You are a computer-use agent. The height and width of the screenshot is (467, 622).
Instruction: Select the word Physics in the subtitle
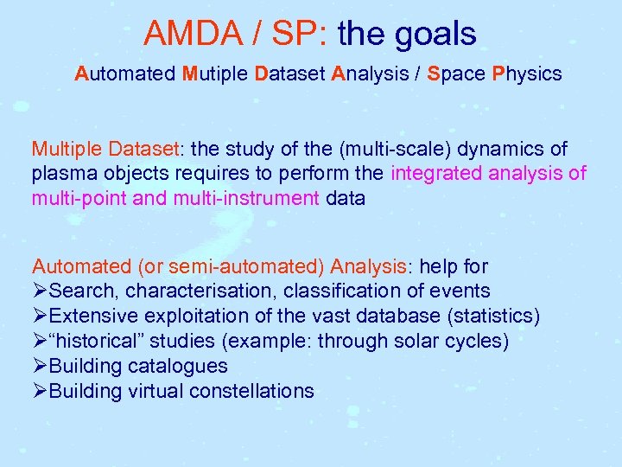[527, 74]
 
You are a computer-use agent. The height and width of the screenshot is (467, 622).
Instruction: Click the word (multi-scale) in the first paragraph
[364, 149]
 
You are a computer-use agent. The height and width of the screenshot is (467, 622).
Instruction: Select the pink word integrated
[434, 174]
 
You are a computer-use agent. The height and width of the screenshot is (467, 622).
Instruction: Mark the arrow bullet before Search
[41, 291]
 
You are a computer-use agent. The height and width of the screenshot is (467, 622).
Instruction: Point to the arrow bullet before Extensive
[41, 316]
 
